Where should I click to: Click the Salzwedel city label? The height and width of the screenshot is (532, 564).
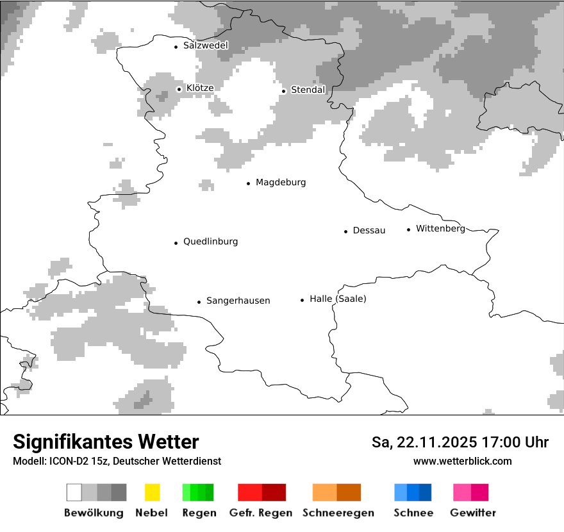tap(205, 46)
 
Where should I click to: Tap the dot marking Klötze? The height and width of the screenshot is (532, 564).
tap(179, 89)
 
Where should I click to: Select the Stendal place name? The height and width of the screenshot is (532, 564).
tap(308, 90)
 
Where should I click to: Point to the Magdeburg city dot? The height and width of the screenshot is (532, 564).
tap(249, 183)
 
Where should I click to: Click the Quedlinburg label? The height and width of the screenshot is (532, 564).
tap(210, 242)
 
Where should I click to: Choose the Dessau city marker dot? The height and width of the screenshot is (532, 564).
tap(346, 231)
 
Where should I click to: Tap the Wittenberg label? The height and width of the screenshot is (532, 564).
tap(440, 228)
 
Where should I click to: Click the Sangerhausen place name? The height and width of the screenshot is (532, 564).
tap(238, 301)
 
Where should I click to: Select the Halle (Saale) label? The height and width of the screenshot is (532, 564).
tap(338, 299)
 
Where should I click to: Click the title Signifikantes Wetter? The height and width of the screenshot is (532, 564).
tap(106, 442)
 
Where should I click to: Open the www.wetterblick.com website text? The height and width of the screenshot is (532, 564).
tap(462, 461)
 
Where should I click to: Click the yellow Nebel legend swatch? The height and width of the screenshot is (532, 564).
tap(152, 492)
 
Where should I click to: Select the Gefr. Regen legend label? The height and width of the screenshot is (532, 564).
tap(261, 513)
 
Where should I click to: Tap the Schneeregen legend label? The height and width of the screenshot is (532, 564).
tap(337, 513)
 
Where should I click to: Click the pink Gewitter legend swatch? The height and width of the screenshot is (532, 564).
tap(462, 492)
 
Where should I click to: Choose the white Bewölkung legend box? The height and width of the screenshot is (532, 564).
tap(74, 492)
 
